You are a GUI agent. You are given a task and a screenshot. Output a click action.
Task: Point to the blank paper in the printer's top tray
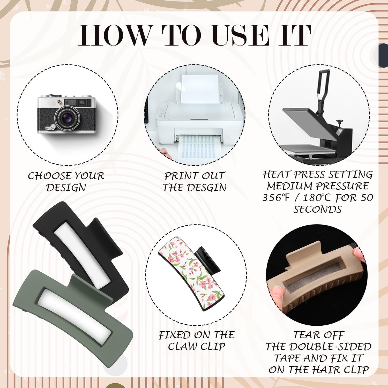pyautogui.click(x=200, y=89)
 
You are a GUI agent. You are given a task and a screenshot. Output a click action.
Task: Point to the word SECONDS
pyautogui.click(x=318, y=209)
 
